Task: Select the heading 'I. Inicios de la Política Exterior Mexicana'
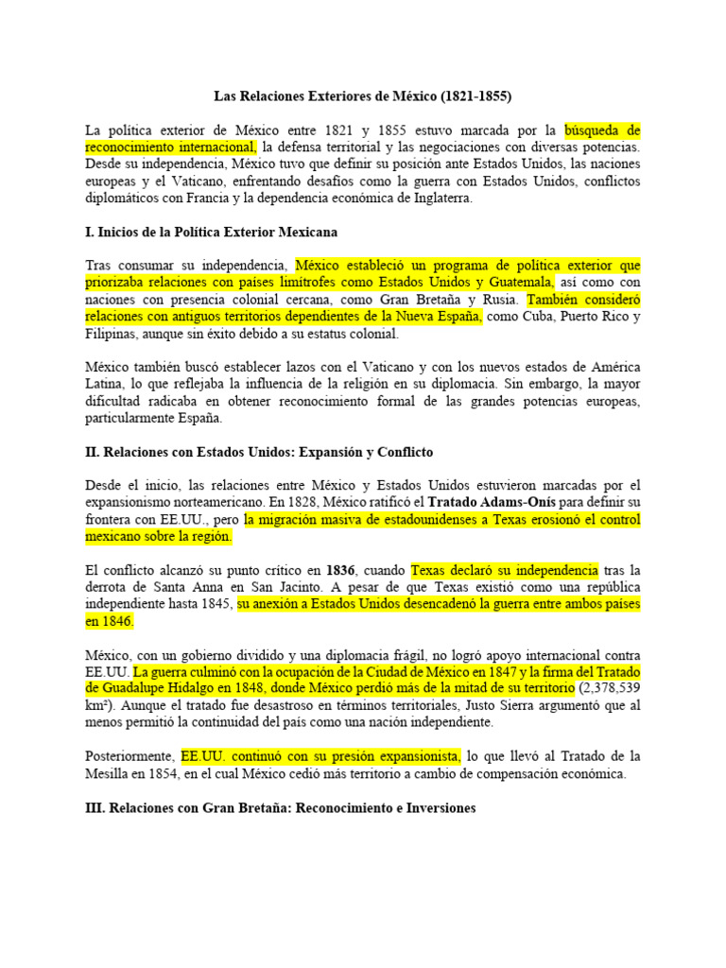[x=211, y=232]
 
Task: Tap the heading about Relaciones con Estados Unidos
[x=259, y=453]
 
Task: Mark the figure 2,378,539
[x=609, y=688]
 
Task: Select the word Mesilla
[x=112, y=773]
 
